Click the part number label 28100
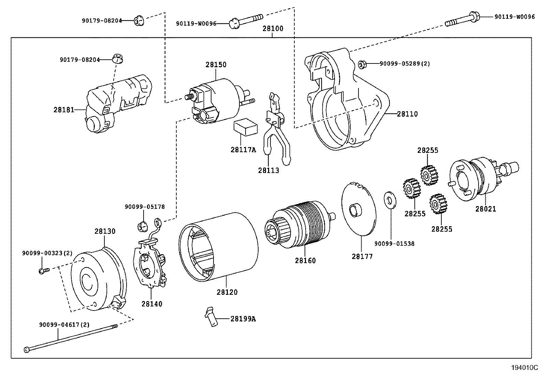click(273, 29)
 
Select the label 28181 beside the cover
click(63, 110)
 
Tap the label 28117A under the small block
click(243, 149)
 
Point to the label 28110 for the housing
click(407, 114)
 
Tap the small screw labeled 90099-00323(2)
click(43, 270)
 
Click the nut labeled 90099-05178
click(142, 226)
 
